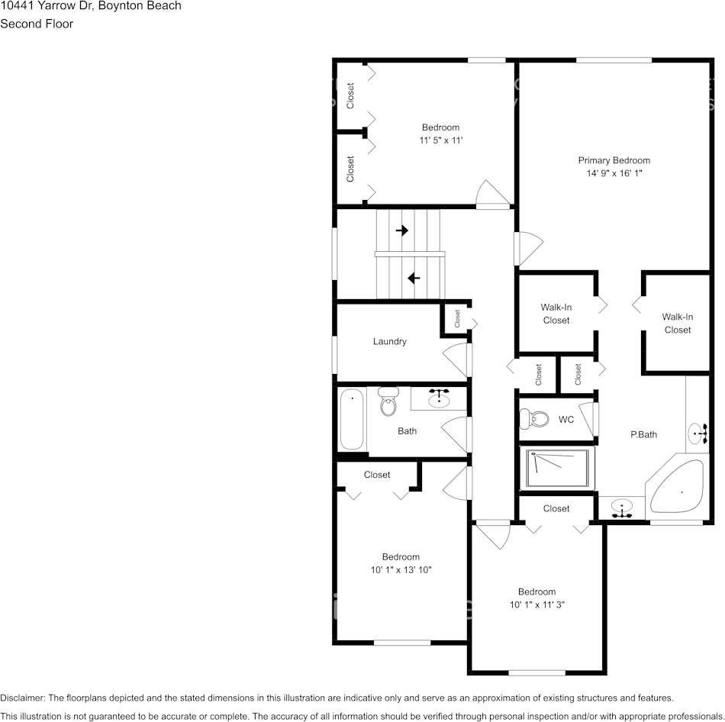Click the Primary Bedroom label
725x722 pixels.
[x=614, y=160]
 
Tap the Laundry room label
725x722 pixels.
[x=389, y=342]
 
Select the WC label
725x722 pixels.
[x=565, y=420]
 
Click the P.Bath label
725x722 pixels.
[x=643, y=435]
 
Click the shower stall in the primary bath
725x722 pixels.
[x=558, y=468]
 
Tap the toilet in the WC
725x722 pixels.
[x=535, y=419]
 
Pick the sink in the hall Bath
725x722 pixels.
[x=438, y=398]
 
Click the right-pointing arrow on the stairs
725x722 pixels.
[x=402, y=230]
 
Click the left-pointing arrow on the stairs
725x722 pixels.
[x=414, y=278]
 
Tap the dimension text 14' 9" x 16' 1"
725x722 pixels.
[x=614, y=173]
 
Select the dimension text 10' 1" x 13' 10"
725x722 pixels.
[x=401, y=570]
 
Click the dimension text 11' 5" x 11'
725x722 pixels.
[x=440, y=140]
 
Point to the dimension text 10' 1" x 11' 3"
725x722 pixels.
[x=536, y=604]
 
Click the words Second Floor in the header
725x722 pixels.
[x=37, y=24]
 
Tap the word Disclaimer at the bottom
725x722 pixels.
[x=22, y=698]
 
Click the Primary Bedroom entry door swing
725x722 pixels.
[x=529, y=248]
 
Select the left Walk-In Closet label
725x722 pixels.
[x=556, y=314]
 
